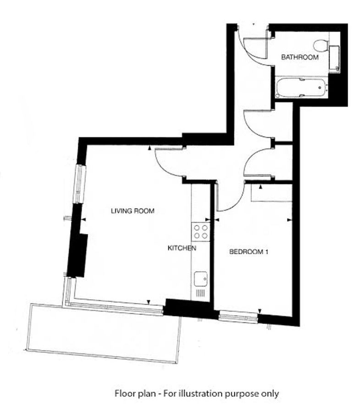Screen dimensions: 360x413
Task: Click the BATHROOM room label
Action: click(x=300, y=57)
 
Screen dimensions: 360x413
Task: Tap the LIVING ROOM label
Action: click(x=133, y=211)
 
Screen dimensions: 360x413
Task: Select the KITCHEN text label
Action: click(x=182, y=248)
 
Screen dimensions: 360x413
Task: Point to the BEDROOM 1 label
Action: click(x=249, y=252)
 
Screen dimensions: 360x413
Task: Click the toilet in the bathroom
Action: click(x=321, y=45)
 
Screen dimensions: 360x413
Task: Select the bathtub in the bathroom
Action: click(x=301, y=87)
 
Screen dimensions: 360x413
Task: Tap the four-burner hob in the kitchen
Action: click(x=201, y=232)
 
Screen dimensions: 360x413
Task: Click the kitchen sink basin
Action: click(x=201, y=279)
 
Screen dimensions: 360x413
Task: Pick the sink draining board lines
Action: click(x=200, y=293)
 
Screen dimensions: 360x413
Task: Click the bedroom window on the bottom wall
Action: click(x=238, y=316)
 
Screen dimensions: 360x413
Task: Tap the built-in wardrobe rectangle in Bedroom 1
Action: click(x=271, y=193)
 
